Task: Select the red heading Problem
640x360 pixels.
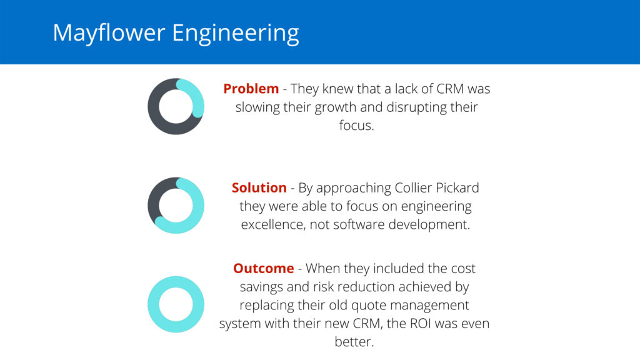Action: click(251, 89)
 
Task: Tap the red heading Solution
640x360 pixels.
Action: click(259, 187)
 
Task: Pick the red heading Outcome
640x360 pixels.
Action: click(264, 268)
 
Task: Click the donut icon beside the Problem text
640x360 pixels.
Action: click(176, 106)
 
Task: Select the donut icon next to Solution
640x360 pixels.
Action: click(176, 206)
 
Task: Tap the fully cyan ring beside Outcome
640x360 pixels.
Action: click(176, 304)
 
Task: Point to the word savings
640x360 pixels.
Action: click(262, 286)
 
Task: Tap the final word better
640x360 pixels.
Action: click(354, 341)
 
